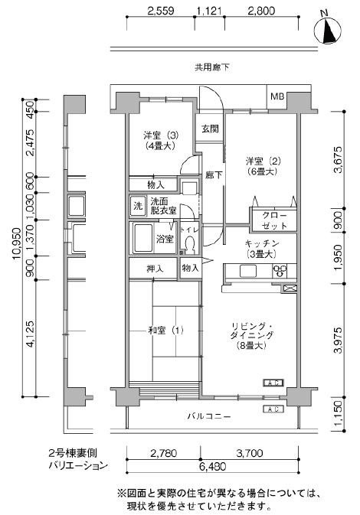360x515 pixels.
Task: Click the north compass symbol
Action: pos(327,30)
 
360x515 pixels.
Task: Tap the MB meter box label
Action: pos(277,96)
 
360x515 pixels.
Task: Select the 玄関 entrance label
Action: pos(211,129)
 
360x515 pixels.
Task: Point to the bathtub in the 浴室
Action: pos(142,238)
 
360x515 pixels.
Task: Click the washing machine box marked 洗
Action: pos(138,206)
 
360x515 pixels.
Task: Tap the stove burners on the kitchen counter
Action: pos(280,271)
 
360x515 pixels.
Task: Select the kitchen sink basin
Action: pos(248,271)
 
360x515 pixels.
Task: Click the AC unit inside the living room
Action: pos(273,383)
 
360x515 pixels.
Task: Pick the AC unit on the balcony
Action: pos(273,409)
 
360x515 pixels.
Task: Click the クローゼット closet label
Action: pos(274,220)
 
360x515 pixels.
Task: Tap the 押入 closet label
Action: pos(155,269)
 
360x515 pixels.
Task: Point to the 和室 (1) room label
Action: pos(165,330)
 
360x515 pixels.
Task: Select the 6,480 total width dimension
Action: pos(213,466)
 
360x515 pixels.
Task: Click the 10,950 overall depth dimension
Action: pos(18,243)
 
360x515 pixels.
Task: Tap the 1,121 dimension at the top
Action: pos(209,11)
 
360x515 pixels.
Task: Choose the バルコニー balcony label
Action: pos(209,416)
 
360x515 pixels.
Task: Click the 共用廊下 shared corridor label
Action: pos(212,67)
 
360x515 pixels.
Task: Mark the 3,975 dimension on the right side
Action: pos(339,340)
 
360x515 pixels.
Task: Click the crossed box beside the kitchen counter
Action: pos(290,288)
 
